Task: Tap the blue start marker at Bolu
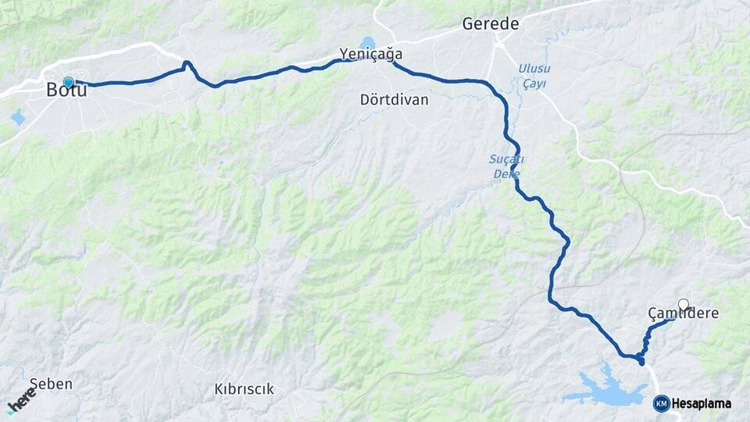[69, 82]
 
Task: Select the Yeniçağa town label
[371, 54]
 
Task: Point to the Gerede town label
[491, 24]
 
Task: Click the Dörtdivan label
[395, 100]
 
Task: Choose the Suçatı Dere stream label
[506, 166]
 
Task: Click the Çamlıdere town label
[684, 313]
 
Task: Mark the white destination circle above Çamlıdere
[684, 304]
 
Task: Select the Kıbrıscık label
[244, 388]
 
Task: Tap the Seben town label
[51, 384]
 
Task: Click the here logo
[22, 402]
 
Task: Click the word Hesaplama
[702, 403]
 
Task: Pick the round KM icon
[662, 403]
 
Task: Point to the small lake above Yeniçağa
[367, 42]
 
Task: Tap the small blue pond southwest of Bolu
[17, 118]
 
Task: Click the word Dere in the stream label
[507, 173]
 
